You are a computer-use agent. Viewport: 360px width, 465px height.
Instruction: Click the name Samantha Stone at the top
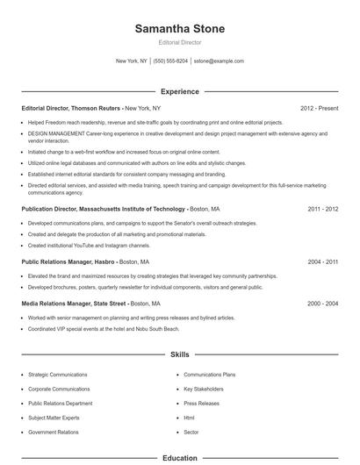[180, 29]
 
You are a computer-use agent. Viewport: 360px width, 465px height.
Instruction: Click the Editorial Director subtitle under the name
[180, 43]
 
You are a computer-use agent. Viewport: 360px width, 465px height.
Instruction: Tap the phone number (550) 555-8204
[170, 61]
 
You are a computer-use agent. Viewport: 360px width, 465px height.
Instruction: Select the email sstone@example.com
[219, 61]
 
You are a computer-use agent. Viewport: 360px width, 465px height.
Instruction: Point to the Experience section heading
[180, 91]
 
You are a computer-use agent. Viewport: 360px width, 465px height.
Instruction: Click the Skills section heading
[180, 354]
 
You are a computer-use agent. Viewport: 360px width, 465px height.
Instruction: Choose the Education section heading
[180, 458]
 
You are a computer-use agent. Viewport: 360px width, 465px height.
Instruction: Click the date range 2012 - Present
[319, 108]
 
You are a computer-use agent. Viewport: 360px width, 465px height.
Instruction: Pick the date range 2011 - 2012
[321, 210]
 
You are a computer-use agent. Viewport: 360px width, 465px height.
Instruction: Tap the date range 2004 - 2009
[321, 261]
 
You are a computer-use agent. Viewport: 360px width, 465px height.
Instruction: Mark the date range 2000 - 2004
[321, 304]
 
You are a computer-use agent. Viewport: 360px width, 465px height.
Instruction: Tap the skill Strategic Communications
[58, 375]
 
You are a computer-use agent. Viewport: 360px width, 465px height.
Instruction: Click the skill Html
[189, 418]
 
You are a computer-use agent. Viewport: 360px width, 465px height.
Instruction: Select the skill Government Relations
[52, 432]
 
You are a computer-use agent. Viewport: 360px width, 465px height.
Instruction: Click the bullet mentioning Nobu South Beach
[103, 328]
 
